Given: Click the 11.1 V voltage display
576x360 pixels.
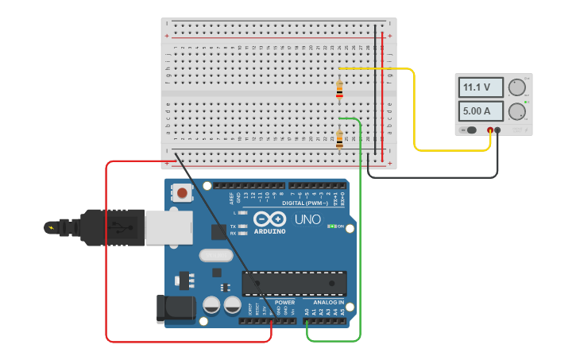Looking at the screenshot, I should coord(481,87).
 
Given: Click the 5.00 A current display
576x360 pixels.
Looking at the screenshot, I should coord(481,110).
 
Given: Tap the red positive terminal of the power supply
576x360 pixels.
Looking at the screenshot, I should coord(490,130).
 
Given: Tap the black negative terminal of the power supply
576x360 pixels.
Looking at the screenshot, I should coord(498,130).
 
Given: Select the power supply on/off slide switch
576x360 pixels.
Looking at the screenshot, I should coord(470,130).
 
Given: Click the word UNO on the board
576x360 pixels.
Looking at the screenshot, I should coord(307,219).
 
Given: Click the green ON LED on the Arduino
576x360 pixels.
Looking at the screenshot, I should coord(331,226).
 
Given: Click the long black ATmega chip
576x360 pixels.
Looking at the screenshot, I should coord(295,282).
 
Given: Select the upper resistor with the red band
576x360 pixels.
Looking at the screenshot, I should coord(339,91).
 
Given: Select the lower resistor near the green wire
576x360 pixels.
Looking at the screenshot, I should coord(339,140).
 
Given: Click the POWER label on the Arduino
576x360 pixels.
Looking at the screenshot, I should coord(284,303).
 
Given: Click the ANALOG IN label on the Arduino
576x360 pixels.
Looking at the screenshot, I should coord(328,303).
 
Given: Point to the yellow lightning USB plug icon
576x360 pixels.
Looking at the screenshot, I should coord(52,228).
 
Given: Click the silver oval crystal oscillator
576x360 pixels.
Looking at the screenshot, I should coord(215,256).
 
